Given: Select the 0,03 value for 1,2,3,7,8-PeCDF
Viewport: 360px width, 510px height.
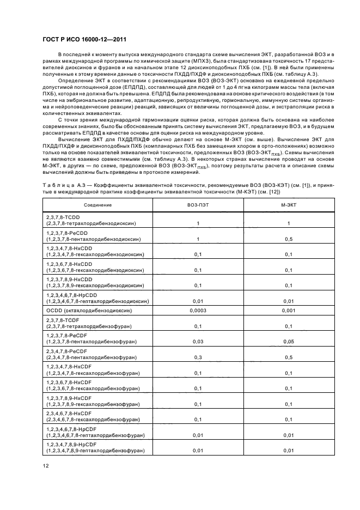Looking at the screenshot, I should [x=198, y=341].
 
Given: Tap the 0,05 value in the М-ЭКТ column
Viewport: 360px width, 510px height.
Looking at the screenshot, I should [x=288, y=341].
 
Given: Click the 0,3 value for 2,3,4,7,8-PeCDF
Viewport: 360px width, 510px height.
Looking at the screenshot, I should [x=198, y=357].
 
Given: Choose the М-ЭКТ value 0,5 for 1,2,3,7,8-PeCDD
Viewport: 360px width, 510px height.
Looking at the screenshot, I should [x=288, y=239].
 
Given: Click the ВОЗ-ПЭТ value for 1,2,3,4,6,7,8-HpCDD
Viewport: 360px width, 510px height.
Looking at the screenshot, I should [x=198, y=300].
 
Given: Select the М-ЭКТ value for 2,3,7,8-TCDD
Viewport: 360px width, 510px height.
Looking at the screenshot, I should [x=288, y=223].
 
